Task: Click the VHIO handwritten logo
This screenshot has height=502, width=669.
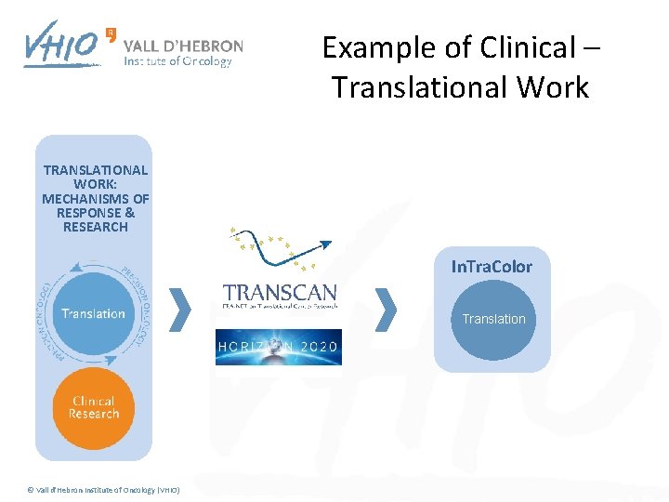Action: point(61,45)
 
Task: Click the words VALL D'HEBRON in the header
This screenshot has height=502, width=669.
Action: point(183,46)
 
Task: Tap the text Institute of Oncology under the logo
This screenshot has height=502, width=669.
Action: point(177,62)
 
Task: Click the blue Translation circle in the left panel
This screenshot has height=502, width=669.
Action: point(93,313)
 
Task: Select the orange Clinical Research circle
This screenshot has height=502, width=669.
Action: point(94,407)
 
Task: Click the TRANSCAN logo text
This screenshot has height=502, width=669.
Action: point(280,293)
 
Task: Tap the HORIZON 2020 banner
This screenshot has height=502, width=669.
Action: point(279,347)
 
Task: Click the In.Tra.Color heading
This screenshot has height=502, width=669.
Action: point(492,267)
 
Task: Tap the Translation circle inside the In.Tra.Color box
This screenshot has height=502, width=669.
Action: point(493,319)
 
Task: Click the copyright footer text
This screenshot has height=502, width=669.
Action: point(103,490)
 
